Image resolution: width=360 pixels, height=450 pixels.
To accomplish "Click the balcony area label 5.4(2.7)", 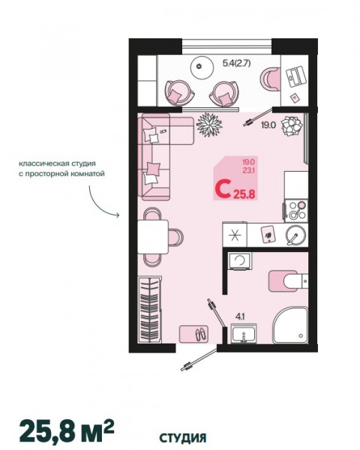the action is pos(236,63).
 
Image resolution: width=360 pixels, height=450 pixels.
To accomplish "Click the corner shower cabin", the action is pos(290,325).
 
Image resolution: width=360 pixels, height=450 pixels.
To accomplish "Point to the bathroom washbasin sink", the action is pos(244,334).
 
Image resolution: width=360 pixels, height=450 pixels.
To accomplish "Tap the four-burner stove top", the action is pos(296,211).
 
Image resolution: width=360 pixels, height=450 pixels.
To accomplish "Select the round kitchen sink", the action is pos(295,235).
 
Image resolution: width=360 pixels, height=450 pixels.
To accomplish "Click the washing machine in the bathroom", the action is pos(239,261).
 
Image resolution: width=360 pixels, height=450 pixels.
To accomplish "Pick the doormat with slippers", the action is pos(193,334).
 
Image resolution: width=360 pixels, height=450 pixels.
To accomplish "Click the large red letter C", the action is pos(223,188).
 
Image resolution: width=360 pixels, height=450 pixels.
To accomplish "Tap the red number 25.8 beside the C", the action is pos(244,195).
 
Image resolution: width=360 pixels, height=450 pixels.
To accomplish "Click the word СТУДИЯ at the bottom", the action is pos(183,438).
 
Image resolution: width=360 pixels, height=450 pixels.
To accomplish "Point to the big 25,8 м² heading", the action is pos(67,431).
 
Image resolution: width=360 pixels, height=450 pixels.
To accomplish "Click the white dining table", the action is pos(153,237).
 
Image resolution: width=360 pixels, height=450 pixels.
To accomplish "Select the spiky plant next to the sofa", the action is pos(209,124).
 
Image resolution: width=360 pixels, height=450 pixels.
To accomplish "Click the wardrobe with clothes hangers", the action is pos(149,309).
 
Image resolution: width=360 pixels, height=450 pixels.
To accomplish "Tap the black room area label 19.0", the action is pos(268,125).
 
